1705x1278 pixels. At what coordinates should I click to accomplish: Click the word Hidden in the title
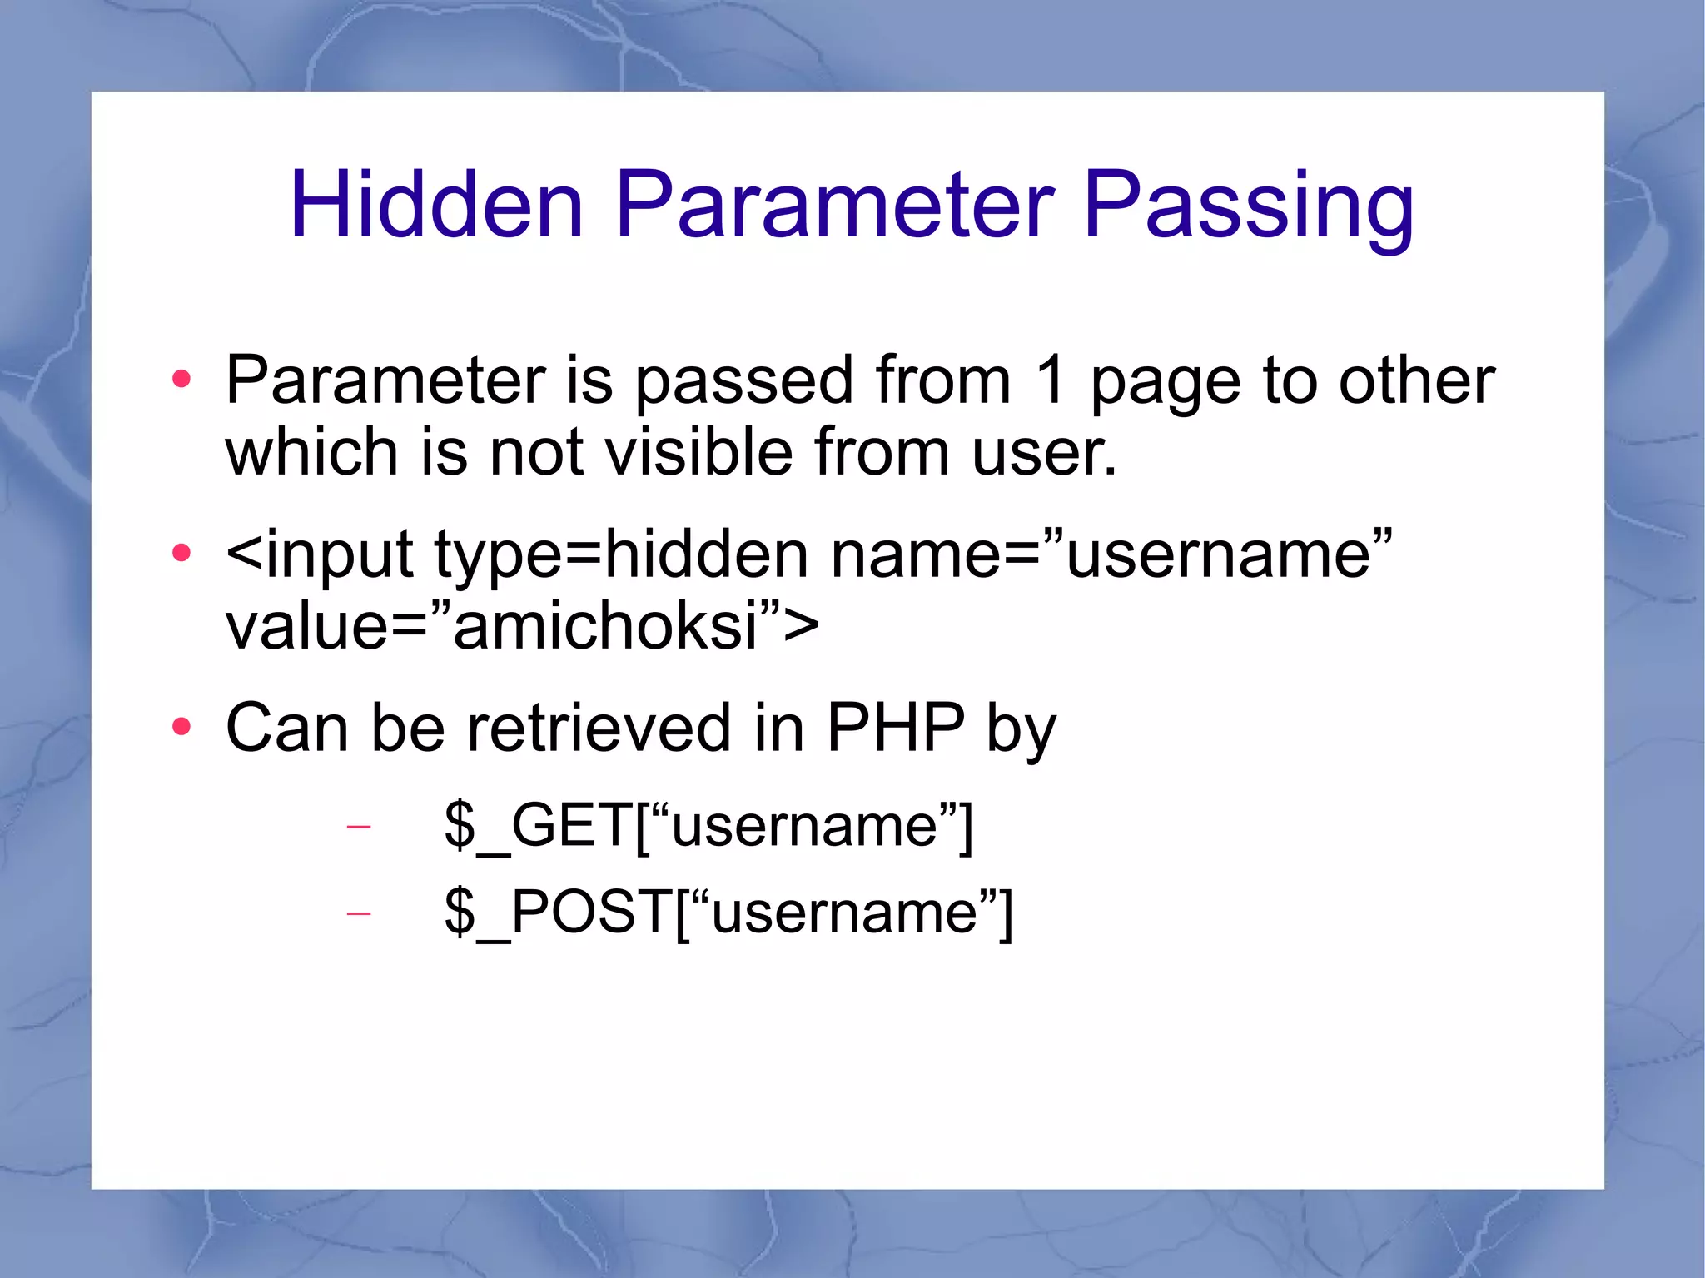[x=436, y=205]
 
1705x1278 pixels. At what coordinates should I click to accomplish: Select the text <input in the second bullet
[x=319, y=554]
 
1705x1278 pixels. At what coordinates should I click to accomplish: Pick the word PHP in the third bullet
[x=896, y=728]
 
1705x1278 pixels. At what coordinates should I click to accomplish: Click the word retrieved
[x=599, y=728]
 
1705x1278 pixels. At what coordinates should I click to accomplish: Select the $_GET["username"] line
[x=708, y=825]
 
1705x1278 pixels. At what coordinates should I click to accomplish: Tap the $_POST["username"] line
[x=728, y=913]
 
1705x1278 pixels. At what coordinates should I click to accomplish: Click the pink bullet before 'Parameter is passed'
[x=181, y=380]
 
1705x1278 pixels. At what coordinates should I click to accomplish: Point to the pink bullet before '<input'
[x=181, y=553]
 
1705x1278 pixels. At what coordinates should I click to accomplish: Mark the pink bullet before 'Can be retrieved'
[x=181, y=728]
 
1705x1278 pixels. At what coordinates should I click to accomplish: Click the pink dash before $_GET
[x=358, y=827]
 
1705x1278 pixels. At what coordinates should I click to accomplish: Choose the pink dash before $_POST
[x=358, y=914]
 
